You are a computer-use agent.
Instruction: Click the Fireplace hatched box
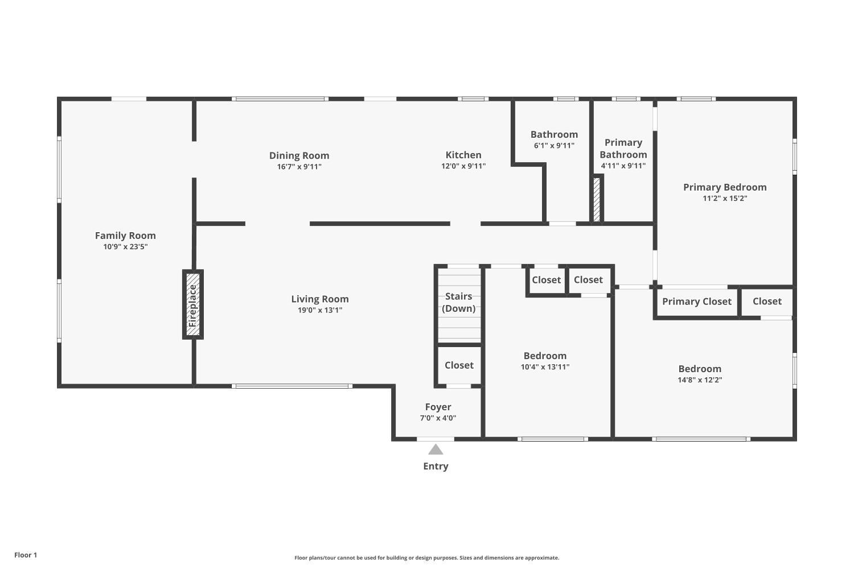pyautogui.click(x=193, y=304)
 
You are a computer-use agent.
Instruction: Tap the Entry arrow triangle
pyautogui.click(x=436, y=449)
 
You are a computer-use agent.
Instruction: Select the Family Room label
pyautogui.click(x=125, y=236)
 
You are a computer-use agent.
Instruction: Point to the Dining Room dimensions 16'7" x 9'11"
pyautogui.click(x=299, y=167)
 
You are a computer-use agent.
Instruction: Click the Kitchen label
pyautogui.click(x=463, y=155)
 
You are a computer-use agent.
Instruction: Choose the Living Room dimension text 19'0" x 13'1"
pyautogui.click(x=320, y=310)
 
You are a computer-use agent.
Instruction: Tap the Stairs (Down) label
pyautogui.click(x=459, y=302)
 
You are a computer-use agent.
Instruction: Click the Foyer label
pyautogui.click(x=438, y=407)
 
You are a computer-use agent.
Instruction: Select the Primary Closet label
pyautogui.click(x=696, y=302)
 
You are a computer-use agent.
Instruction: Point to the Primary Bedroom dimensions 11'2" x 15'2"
pyautogui.click(x=725, y=198)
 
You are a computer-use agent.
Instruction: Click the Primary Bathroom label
pyautogui.click(x=623, y=149)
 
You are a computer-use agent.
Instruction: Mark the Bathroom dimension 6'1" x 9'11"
pyautogui.click(x=554, y=145)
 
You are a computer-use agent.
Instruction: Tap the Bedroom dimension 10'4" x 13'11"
pyautogui.click(x=545, y=366)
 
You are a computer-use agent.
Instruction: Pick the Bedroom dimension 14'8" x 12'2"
pyautogui.click(x=700, y=380)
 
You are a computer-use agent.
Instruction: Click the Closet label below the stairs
pyautogui.click(x=459, y=365)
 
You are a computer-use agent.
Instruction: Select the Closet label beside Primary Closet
pyautogui.click(x=767, y=301)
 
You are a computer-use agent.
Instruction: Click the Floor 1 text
pyautogui.click(x=26, y=555)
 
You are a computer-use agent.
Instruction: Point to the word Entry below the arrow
pyautogui.click(x=436, y=466)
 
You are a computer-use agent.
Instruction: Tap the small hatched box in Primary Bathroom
pyautogui.click(x=597, y=199)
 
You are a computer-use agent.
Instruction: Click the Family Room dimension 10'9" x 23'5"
pyautogui.click(x=125, y=246)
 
